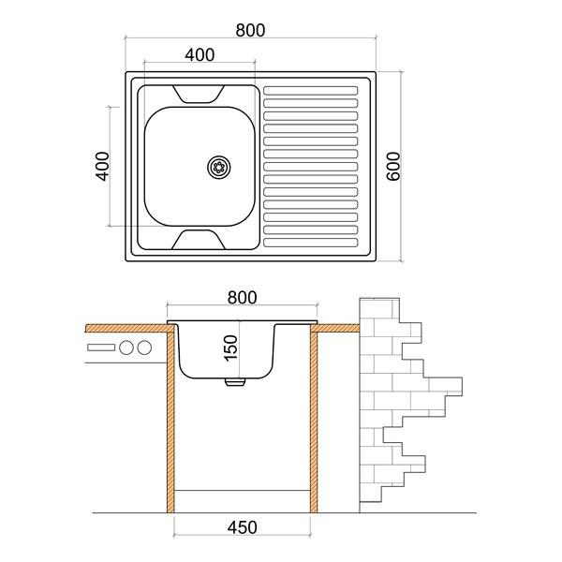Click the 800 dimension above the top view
[250, 30]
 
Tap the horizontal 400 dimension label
[200, 55]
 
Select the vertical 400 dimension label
[102, 167]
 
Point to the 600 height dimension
[393, 167]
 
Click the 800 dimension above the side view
[242, 298]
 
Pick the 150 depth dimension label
[230, 348]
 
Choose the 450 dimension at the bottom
[242, 527]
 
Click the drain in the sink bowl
[219, 167]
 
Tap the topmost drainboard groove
[310, 91]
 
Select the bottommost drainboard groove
[310, 243]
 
